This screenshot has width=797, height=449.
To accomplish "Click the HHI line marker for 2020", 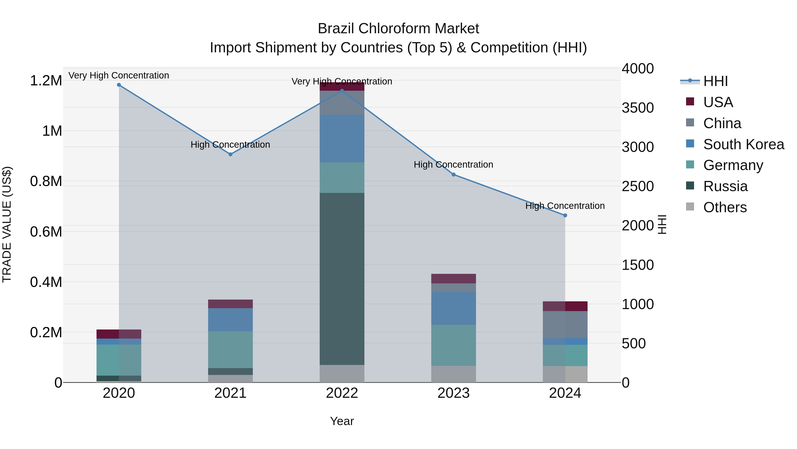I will tap(119, 85).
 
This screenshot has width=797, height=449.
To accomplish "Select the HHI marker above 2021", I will tap(230, 154).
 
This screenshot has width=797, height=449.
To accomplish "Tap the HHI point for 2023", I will tap(454, 175).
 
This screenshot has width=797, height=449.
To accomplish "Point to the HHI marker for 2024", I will tap(565, 215).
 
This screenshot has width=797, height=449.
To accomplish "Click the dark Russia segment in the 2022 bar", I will tap(342, 279).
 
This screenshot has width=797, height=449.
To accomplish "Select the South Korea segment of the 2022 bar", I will tap(342, 139).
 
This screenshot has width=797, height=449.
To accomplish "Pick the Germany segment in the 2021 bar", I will tap(230, 349).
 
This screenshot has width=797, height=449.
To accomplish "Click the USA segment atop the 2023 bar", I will tap(454, 278).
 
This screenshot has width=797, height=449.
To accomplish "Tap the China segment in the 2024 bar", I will tap(565, 324).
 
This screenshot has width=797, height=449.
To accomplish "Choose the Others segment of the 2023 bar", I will tap(454, 374).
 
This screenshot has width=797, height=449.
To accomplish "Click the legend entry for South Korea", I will tap(743, 144).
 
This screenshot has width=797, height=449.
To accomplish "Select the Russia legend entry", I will tap(725, 186).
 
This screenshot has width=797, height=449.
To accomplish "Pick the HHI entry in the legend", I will tap(715, 81).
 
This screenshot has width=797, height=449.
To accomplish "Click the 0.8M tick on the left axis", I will tap(46, 181).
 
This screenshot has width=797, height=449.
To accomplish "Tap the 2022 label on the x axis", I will tap(342, 393).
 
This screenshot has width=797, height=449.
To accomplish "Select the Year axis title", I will tap(342, 421).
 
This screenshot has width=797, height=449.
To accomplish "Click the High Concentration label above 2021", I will tap(230, 145).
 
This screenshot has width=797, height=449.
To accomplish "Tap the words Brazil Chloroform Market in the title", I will tap(398, 29).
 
